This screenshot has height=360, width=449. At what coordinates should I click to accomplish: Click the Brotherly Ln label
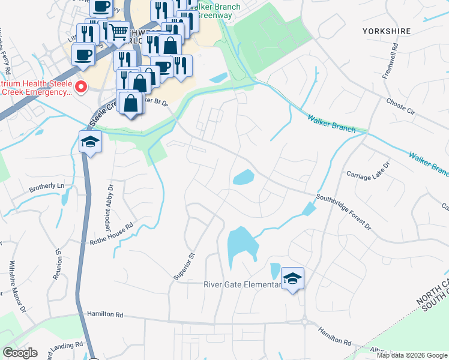point(46,188)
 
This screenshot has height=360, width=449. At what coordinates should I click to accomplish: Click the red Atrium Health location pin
point(82,88)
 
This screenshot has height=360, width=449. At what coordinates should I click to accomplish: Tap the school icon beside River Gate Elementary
point(292,278)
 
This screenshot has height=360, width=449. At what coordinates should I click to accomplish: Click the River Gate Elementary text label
point(243,284)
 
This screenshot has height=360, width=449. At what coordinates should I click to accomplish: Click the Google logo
point(20,353)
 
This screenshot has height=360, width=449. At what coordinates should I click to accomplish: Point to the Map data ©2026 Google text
point(412,355)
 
